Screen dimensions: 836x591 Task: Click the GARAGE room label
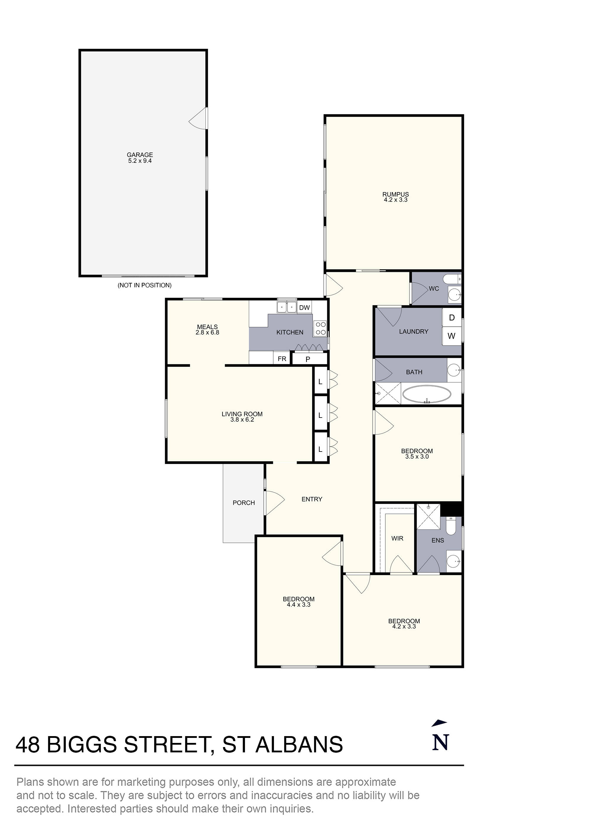pyautogui.click(x=140, y=155)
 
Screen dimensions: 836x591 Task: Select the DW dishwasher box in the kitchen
pyautogui.click(x=304, y=308)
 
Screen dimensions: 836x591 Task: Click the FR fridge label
pyautogui.click(x=282, y=359)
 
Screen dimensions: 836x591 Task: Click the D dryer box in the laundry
pyautogui.click(x=452, y=318)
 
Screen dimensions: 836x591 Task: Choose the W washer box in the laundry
pyautogui.click(x=452, y=336)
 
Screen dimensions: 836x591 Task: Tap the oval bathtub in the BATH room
pyautogui.click(x=427, y=394)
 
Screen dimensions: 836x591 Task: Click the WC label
pyautogui.click(x=434, y=289)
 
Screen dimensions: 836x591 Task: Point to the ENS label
pyautogui.click(x=438, y=541)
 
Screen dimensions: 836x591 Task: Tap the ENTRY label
pyautogui.click(x=312, y=499)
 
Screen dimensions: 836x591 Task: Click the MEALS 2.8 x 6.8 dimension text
pyautogui.click(x=207, y=332)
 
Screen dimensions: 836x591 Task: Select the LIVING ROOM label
pyautogui.click(x=242, y=414)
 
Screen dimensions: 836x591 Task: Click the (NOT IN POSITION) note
pyautogui.click(x=144, y=285)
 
